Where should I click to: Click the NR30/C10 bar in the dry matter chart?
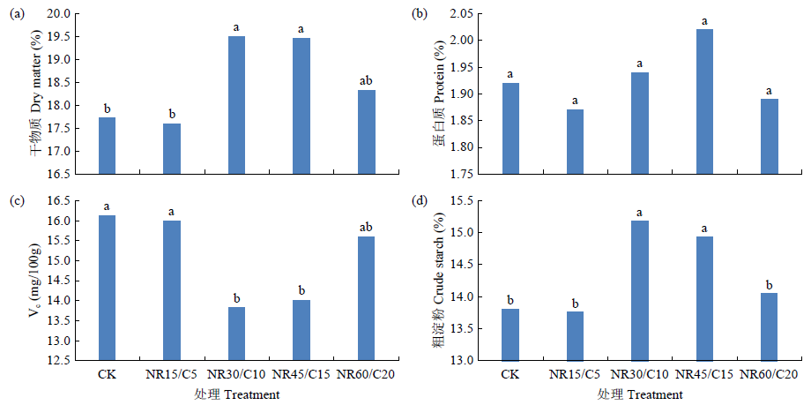[x=236, y=105]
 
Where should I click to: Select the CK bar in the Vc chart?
[x=107, y=288]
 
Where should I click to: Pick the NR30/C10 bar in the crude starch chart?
[x=640, y=290]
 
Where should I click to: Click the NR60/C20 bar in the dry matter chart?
[x=366, y=131]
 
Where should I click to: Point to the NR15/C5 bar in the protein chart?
[x=575, y=141]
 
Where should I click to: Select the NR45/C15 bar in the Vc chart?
[x=301, y=330]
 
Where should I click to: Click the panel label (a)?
[x=17, y=11]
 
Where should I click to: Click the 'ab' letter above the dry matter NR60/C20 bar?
[x=366, y=82]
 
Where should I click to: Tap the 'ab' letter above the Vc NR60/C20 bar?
[x=366, y=228]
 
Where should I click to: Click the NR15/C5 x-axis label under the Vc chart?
[x=172, y=375]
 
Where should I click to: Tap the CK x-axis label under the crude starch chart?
[x=510, y=375]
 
